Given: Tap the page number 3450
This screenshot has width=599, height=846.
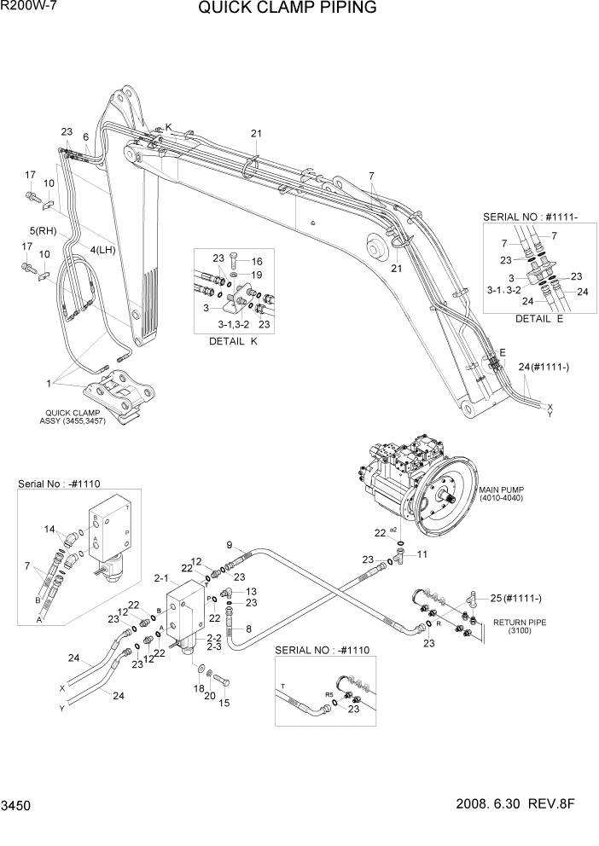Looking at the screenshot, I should point(17,828).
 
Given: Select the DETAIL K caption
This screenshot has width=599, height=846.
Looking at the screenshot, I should point(232,340).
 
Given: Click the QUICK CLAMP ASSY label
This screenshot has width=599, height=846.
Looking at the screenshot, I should point(72,418).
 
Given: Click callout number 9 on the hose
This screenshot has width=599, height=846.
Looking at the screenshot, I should point(229,545).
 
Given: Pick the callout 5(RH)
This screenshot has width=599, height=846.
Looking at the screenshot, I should point(44,231).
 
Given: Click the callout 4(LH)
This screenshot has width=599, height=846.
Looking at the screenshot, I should point(102,249).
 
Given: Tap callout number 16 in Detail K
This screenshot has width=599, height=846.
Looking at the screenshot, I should point(257,261).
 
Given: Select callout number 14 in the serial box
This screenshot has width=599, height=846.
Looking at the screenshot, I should point(48,530).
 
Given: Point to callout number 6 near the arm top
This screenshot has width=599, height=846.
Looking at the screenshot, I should point(86,136).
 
